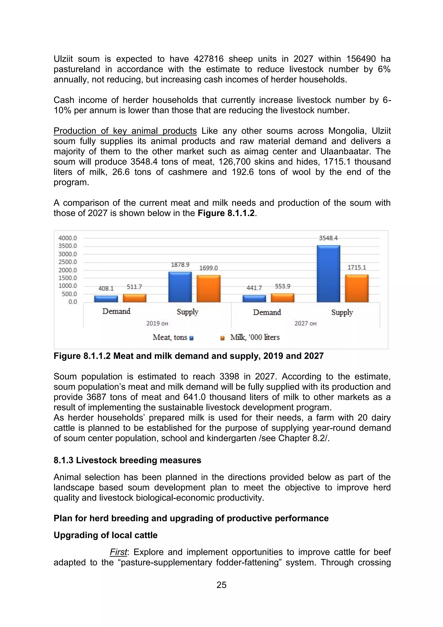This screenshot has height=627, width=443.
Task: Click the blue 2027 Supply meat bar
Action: point(328,274)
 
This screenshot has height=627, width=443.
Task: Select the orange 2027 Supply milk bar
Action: point(357,288)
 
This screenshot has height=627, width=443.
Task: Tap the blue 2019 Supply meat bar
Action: point(180,287)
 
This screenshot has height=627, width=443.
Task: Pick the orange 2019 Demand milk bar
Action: point(135,298)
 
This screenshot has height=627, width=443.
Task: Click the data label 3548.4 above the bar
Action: point(328,238)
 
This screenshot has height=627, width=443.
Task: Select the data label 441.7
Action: point(254,288)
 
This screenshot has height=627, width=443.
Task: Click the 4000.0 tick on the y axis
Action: point(68,238)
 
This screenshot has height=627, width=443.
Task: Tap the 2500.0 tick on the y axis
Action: point(68,262)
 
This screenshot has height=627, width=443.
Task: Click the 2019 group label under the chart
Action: point(157,323)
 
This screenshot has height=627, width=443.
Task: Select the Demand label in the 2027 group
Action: point(267,312)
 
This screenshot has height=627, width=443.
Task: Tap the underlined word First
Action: point(118,552)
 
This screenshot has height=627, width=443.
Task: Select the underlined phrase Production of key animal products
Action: point(125,131)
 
